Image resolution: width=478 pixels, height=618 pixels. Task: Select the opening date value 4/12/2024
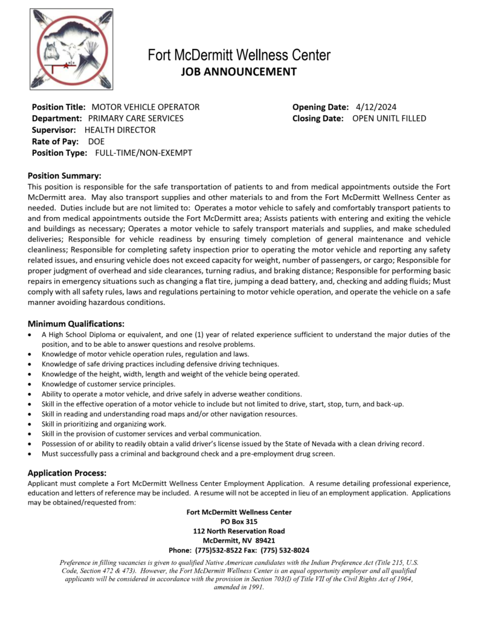[376, 107]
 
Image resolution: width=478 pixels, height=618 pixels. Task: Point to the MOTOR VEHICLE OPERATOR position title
[145, 107]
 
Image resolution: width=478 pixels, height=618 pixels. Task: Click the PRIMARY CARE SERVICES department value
[136, 118]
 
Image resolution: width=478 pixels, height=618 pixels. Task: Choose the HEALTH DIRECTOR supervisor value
[120, 130]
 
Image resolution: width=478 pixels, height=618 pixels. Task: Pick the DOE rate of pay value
[96, 141]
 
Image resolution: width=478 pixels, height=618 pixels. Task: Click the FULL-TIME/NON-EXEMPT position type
[144, 153]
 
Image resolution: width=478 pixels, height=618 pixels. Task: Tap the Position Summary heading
[65, 176]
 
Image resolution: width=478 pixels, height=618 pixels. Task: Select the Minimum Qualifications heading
[76, 323]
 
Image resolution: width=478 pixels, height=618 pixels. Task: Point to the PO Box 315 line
[239, 521]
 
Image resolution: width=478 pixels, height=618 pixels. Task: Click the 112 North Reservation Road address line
[239, 531]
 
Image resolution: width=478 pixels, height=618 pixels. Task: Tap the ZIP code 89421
[265, 541]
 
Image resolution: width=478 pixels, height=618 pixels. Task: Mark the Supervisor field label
[54, 130]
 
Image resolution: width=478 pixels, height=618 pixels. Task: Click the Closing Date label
[318, 118]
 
